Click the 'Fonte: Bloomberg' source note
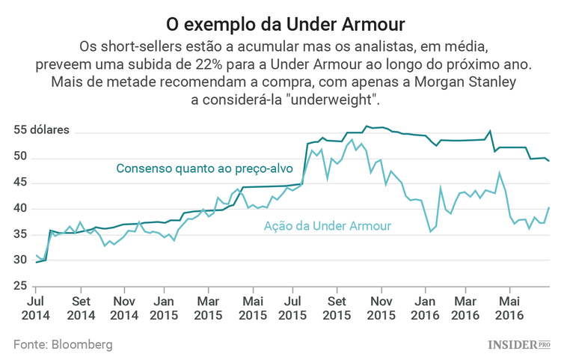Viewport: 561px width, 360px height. (63, 344)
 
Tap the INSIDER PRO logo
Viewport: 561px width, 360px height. (518, 344)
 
